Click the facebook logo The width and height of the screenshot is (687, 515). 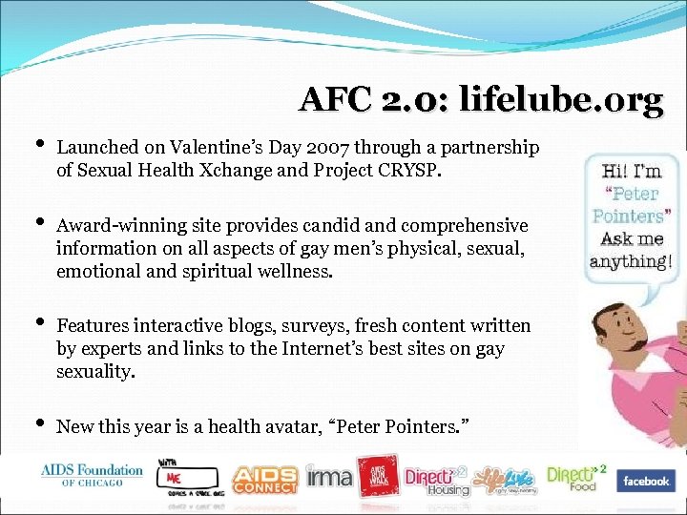(x=645, y=481)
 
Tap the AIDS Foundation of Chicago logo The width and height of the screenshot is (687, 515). (x=92, y=475)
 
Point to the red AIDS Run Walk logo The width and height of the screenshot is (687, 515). (x=377, y=476)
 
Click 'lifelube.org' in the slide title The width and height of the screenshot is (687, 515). (x=561, y=99)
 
